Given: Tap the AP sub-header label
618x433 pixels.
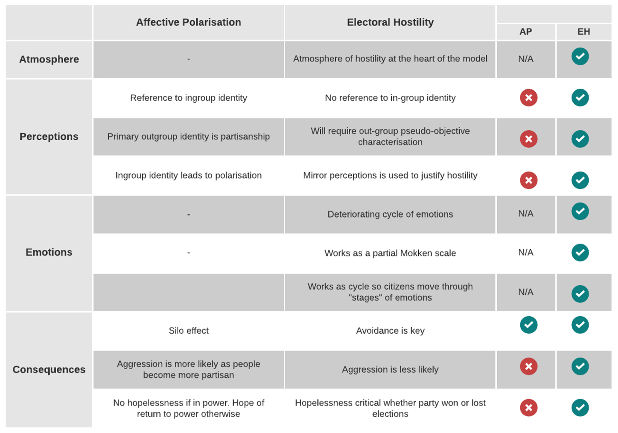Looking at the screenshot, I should pyautogui.click(x=526, y=32).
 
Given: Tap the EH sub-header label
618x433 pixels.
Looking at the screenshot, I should pyautogui.click(x=584, y=32).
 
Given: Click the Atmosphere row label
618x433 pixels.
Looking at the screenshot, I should pyautogui.click(x=49, y=59).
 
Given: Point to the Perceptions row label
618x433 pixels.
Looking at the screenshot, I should pyautogui.click(x=49, y=137).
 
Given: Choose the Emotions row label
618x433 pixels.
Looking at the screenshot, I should pyautogui.click(x=49, y=252).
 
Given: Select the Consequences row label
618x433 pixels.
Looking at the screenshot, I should pyautogui.click(x=49, y=369).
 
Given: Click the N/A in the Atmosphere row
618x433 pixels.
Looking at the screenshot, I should pyautogui.click(x=526, y=59).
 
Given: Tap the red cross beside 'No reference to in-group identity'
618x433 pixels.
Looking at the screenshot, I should pyautogui.click(x=528, y=98).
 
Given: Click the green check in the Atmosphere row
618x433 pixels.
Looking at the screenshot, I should pyautogui.click(x=580, y=56).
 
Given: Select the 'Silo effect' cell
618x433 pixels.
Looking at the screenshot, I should pyautogui.click(x=188, y=331).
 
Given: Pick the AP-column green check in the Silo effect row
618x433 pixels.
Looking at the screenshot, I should pyautogui.click(x=528, y=325).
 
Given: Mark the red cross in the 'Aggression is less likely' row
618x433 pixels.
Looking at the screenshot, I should pyautogui.click(x=528, y=366).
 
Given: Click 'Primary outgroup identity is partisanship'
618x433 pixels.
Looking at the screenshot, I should pyautogui.click(x=188, y=137).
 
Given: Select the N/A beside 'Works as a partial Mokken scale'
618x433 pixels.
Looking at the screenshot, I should pyautogui.click(x=526, y=252).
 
